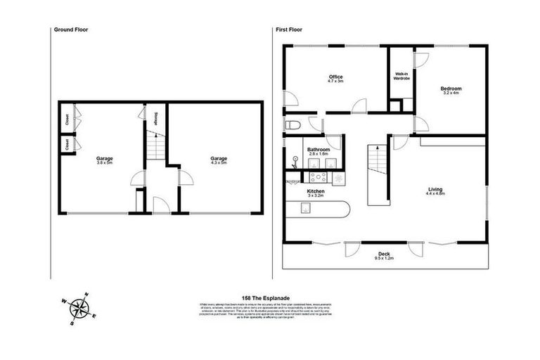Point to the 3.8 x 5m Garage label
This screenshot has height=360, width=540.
105,161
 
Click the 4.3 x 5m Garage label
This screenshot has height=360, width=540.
219,161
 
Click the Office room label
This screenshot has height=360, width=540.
335,79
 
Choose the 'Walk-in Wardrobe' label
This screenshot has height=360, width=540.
401,76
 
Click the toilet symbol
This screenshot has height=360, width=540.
292,125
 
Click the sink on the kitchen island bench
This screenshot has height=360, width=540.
306,207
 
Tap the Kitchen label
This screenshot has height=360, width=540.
315,193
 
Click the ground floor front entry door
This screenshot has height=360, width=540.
160,205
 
